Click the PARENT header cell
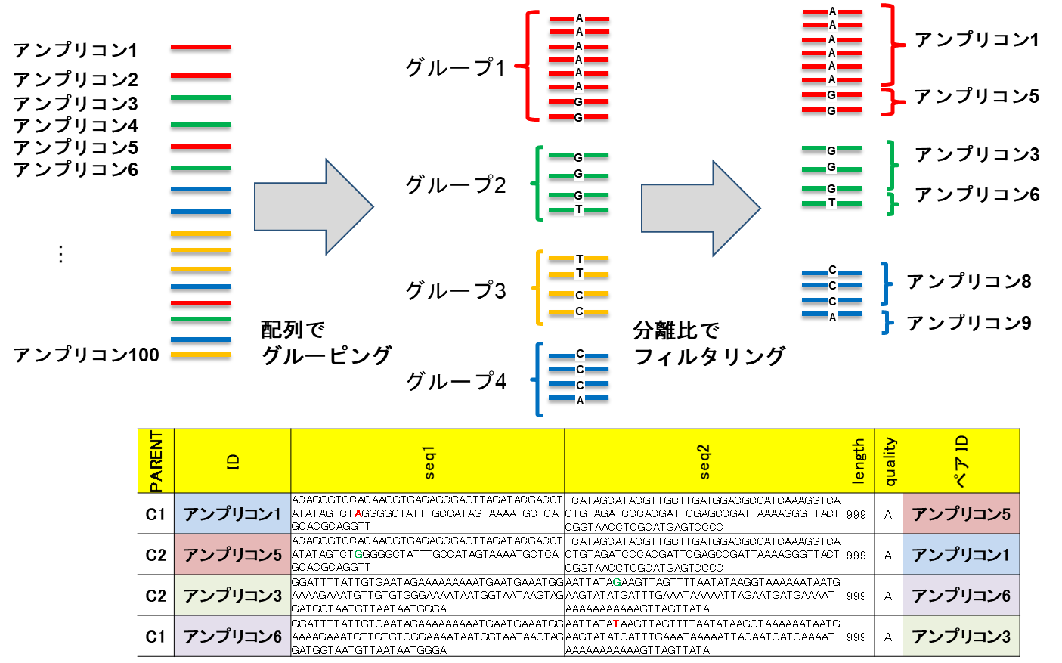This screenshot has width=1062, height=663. [x=156, y=461]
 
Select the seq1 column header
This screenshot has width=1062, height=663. [x=428, y=461]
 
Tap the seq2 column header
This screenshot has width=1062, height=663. [x=703, y=461]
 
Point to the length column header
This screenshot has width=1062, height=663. [x=858, y=461]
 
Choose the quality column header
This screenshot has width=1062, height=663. [x=889, y=461]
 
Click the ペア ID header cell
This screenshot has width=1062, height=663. [x=961, y=461]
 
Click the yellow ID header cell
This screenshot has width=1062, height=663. [x=233, y=461]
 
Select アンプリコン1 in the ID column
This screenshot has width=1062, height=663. [x=233, y=514]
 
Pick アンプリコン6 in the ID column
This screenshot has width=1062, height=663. [x=233, y=637]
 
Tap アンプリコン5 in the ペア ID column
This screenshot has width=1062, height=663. [x=961, y=514]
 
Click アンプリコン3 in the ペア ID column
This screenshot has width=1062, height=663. [x=961, y=637]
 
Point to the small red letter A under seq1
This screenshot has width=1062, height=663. [x=358, y=514]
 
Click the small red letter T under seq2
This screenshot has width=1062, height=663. [x=616, y=624]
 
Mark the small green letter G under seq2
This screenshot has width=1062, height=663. [x=617, y=583]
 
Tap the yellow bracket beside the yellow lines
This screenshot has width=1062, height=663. [x=539, y=287]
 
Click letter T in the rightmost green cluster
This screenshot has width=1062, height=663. [x=831, y=203]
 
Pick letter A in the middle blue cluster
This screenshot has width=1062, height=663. [x=580, y=401]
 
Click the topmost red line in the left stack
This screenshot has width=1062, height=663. [x=200, y=47]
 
